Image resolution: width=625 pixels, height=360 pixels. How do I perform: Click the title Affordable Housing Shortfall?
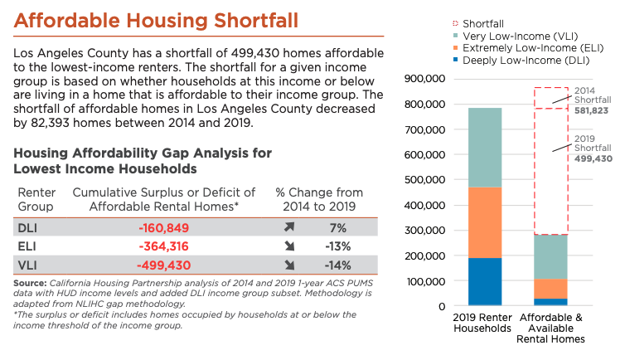tap(156, 19)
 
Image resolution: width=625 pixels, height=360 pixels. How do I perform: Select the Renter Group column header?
tap(36, 199)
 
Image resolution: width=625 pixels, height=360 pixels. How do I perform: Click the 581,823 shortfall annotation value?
tap(598, 110)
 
